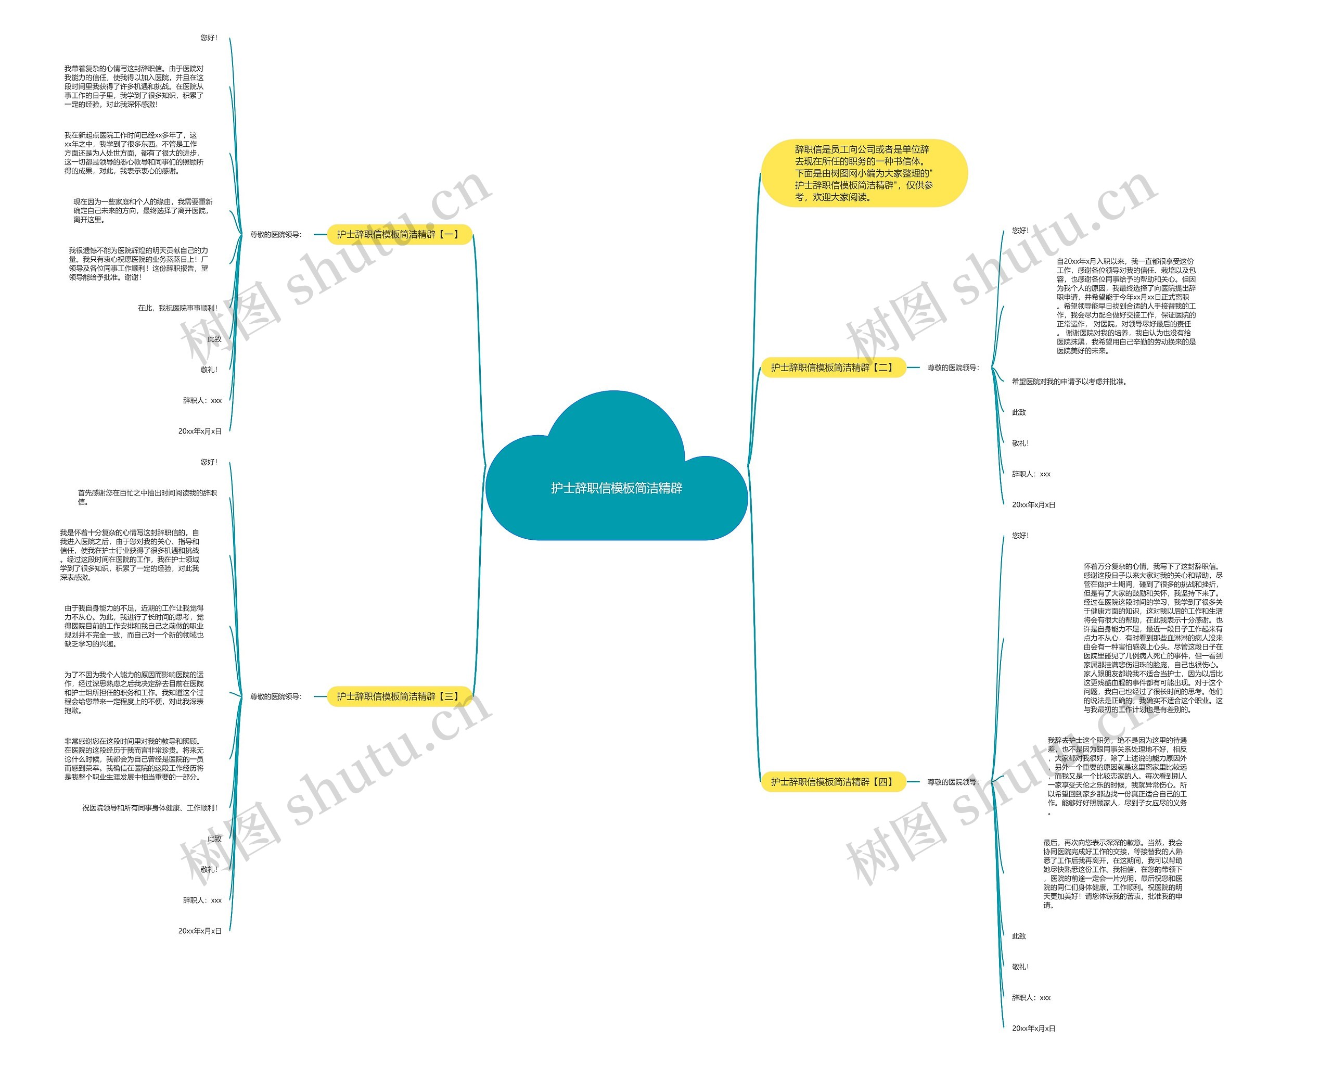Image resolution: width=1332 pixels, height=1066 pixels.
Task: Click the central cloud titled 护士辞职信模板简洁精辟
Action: (x=617, y=488)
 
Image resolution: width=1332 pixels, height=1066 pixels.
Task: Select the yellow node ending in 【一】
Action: (x=399, y=235)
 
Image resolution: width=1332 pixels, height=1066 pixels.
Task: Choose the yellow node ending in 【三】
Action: (x=399, y=696)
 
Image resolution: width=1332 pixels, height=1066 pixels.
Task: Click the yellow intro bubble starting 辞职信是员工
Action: (x=863, y=173)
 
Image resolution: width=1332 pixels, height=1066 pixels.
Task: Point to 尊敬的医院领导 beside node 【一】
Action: (x=276, y=235)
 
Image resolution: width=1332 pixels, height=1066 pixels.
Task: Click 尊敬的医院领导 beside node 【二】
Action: (x=953, y=367)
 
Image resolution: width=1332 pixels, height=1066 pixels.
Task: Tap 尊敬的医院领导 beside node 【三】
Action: (x=276, y=696)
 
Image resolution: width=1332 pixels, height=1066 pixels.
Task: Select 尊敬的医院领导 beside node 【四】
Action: (x=953, y=782)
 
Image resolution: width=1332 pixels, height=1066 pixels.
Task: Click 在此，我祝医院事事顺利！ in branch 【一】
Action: (x=177, y=308)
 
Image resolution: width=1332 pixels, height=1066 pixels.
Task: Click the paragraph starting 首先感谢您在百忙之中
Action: (x=147, y=498)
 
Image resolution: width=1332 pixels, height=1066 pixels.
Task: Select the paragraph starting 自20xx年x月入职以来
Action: (x=1125, y=306)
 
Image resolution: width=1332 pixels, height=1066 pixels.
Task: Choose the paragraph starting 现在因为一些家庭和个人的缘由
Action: (x=142, y=211)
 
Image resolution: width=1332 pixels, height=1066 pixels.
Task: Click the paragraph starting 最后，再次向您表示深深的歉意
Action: (x=1112, y=874)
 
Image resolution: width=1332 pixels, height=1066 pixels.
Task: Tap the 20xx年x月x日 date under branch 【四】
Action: (x=1033, y=1029)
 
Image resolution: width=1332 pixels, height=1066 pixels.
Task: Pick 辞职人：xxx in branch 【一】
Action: (x=202, y=400)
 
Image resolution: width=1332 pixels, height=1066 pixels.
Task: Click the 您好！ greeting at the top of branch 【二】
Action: (x=1020, y=231)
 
